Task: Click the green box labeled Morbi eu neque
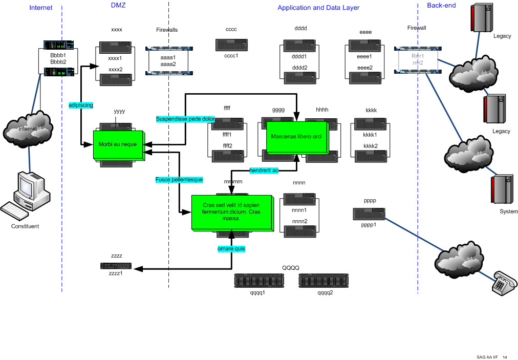118,144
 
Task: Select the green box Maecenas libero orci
296,137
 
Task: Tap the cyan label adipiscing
81,105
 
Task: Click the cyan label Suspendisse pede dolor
185,119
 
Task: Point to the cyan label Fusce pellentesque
179,180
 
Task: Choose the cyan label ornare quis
231,248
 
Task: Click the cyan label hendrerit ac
264,170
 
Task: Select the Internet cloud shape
28,128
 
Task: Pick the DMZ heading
118,6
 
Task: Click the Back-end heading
441,6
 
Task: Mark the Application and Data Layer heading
318,8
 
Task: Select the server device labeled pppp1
369,214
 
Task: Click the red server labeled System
502,190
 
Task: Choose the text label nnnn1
299,210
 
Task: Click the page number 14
505,357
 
